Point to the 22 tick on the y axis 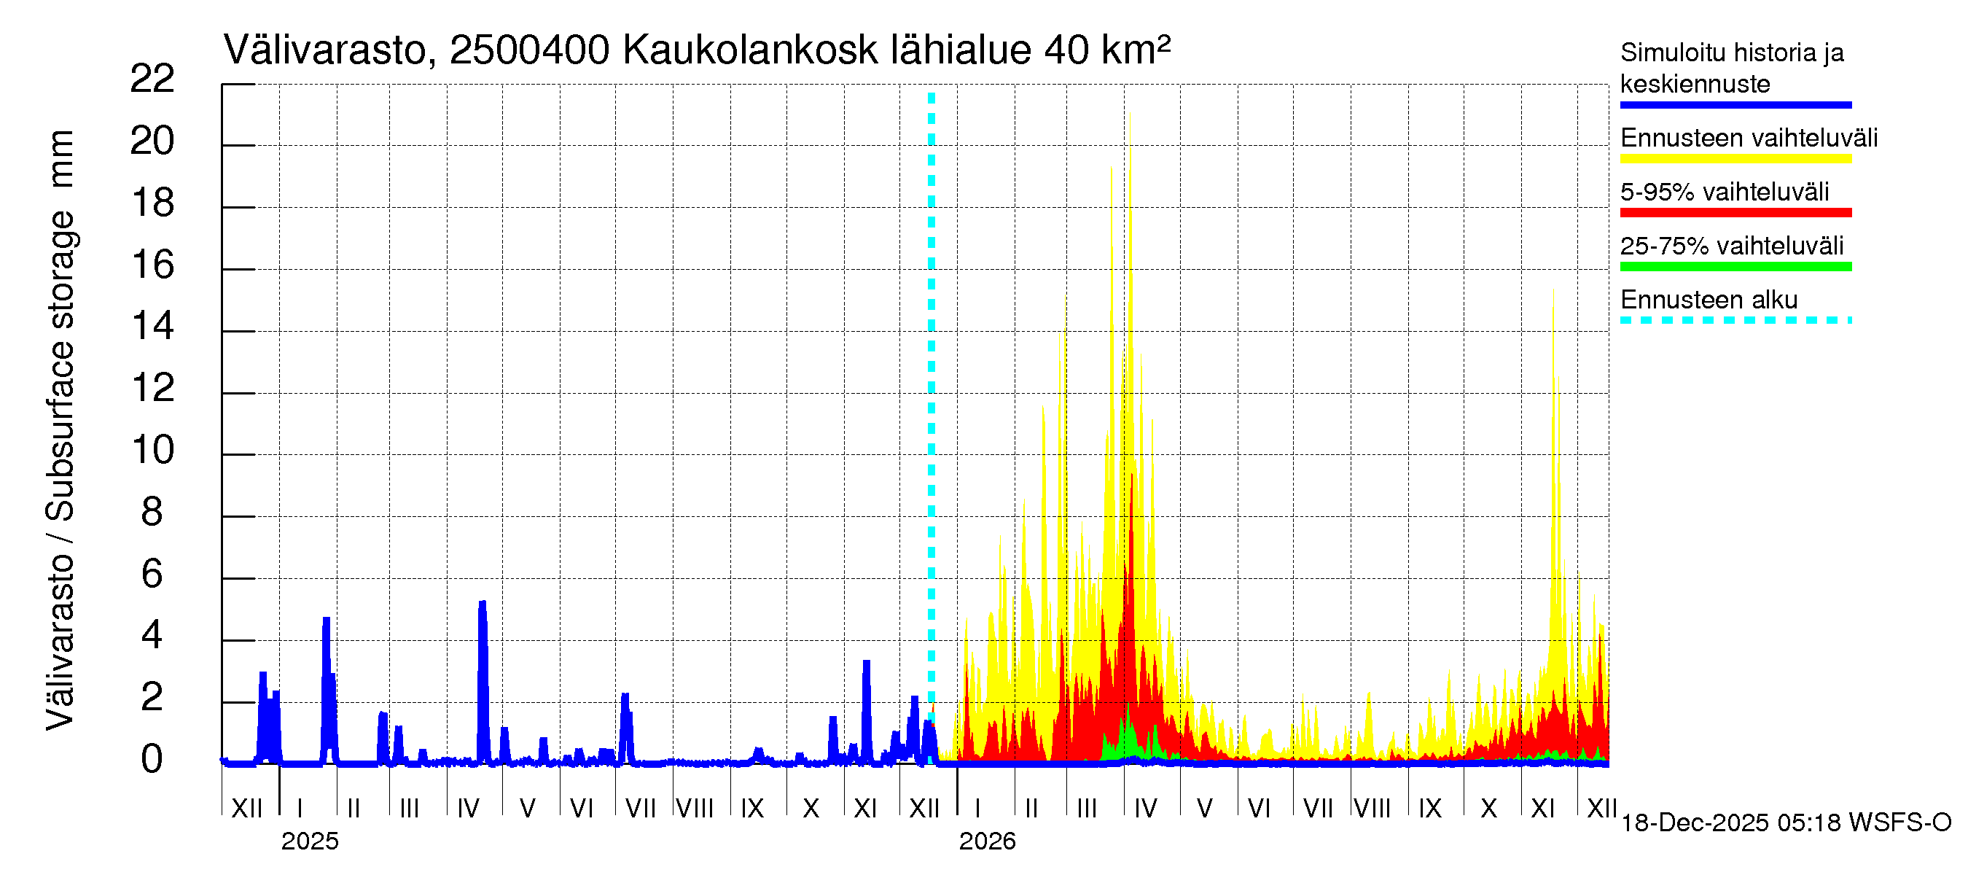click(x=153, y=79)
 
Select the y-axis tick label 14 click(x=153, y=327)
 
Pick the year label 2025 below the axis click(x=309, y=841)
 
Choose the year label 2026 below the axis click(x=987, y=841)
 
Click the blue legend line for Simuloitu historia click(x=1735, y=105)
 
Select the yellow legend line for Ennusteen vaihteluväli click(x=1735, y=159)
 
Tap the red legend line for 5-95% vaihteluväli click(x=1735, y=212)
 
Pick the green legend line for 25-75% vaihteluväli click(x=1735, y=267)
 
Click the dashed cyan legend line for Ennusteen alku click(x=1735, y=320)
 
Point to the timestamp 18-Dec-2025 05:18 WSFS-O click(x=1785, y=823)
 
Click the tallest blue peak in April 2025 click(x=482, y=604)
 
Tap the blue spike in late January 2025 click(x=327, y=620)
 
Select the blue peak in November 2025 click(x=866, y=663)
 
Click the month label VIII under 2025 click(x=695, y=809)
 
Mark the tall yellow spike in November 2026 click(x=1553, y=294)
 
